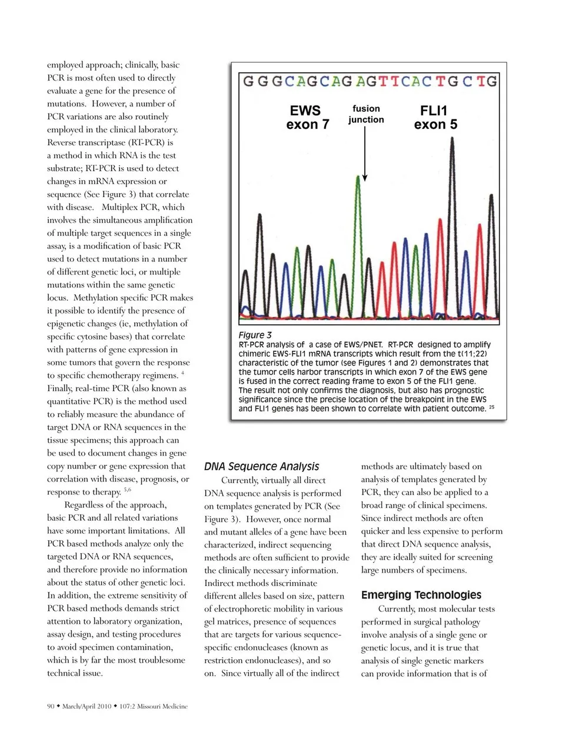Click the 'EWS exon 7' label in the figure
[x=307, y=117]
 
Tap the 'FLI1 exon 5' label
[x=435, y=117]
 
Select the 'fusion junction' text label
[x=365, y=114]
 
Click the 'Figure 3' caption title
[x=255, y=335]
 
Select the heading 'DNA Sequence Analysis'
[x=261, y=467]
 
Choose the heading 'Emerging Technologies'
[x=421, y=595]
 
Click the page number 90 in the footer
[x=51, y=706]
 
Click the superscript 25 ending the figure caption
[x=491, y=407]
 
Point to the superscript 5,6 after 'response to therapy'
[x=128, y=490]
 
